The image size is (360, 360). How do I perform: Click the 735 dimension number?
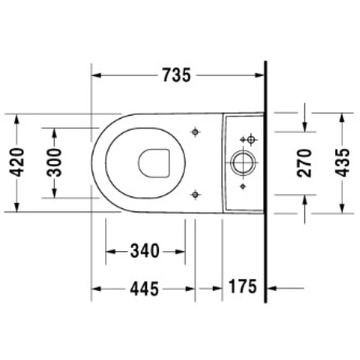(x=177, y=75)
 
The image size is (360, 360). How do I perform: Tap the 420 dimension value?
(x=17, y=162)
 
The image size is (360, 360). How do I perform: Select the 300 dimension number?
(x=54, y=162)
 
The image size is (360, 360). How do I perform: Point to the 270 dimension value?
(x=304, y=163)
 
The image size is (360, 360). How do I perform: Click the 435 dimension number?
(x=342, y=163)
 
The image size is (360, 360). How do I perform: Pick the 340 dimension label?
(x=145, y=251)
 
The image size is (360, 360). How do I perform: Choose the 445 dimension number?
(x=145, y=288)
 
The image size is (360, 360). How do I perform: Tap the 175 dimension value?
(x=243, y=286)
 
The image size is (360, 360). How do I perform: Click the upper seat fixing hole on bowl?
(x=195, y=132)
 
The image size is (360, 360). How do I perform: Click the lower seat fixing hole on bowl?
(x=195, y=195)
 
